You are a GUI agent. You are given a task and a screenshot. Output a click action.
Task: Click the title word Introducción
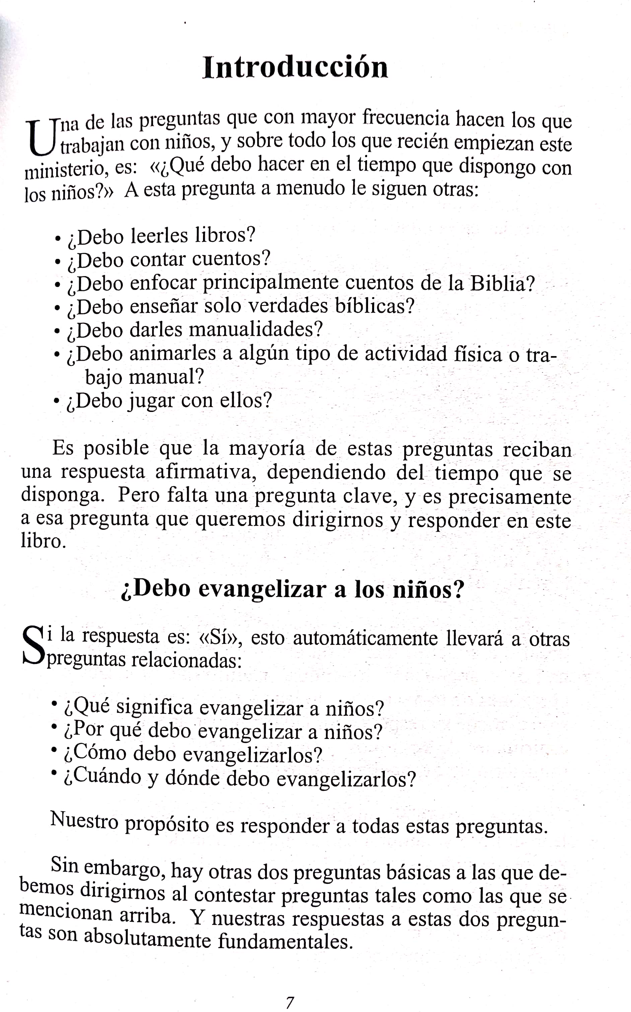coord(295,68)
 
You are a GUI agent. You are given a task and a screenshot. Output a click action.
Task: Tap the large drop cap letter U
coord(40,138)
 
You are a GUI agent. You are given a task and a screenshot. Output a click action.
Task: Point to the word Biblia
coord(502,283)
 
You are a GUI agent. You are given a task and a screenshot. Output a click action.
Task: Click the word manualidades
coord(256,330)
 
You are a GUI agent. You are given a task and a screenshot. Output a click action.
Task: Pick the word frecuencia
coord(406,119)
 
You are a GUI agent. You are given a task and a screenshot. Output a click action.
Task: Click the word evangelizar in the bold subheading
coord(262,590)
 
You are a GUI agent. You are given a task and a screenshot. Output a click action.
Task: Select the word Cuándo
coord(103,777)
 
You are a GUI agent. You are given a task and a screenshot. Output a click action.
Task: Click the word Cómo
coord(95,753)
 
